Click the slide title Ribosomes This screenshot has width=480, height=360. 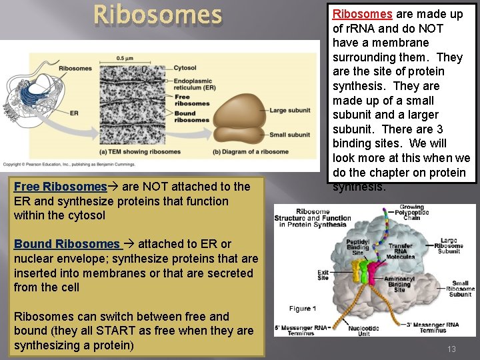tap(157, 15)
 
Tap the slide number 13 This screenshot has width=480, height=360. tap(451, 349)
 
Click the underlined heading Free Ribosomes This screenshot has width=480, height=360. tap(60, 187)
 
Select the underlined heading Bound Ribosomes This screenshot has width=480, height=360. tap(66, 244)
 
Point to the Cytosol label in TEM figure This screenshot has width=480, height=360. tap(185, 68)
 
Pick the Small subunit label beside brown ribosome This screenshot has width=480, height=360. tap(289, 135)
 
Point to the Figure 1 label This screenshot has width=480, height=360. tap(303, 308)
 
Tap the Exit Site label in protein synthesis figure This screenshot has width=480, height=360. tap(323, 275)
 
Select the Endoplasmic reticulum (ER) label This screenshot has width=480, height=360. tap(194, 83)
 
